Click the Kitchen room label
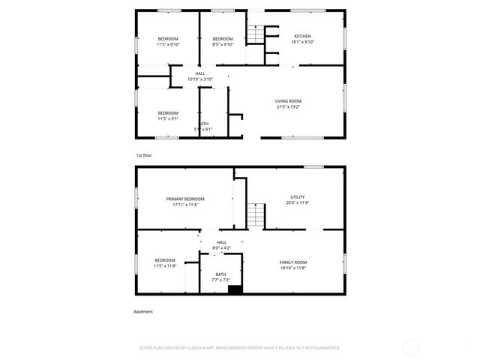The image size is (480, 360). tap(302, 36)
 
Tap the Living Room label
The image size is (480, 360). tap(289, 101)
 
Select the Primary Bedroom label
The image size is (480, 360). tap(185, 199)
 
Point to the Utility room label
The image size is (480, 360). tap(298, 197)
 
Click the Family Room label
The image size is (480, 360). tap(293, 262)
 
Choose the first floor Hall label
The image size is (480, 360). tap(200, 73)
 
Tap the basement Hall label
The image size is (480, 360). tap(221, 242)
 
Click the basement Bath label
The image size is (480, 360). tap(220, 274)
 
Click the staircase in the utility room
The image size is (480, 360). tap(257, 214)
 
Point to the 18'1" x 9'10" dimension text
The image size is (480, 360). tap(302, 43)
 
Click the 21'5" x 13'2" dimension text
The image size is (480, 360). tap(289, 107)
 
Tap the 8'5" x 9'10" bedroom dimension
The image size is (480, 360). tap(223, 44)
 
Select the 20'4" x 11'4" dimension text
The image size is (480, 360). tap(298, 203)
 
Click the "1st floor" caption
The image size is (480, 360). tap(144, 155)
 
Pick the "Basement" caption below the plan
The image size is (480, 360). tap(143, 312)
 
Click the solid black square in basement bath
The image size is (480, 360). tap(235, 289)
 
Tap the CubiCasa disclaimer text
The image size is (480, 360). tap(240, 348)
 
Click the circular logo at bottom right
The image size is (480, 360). tap(410, 347)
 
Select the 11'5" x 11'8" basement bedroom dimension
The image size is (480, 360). tap(165, 266)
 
